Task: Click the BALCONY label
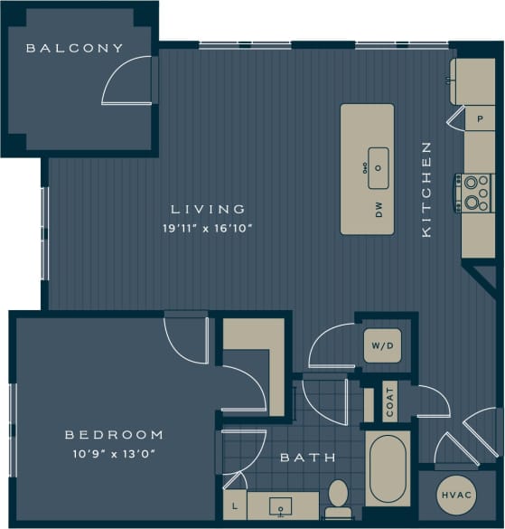[74, 48]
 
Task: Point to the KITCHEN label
[427, 190]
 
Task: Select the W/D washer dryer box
[381, 345]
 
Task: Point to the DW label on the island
[379, 212]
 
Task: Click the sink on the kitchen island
[378, 167]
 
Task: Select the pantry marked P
[479, 118]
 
